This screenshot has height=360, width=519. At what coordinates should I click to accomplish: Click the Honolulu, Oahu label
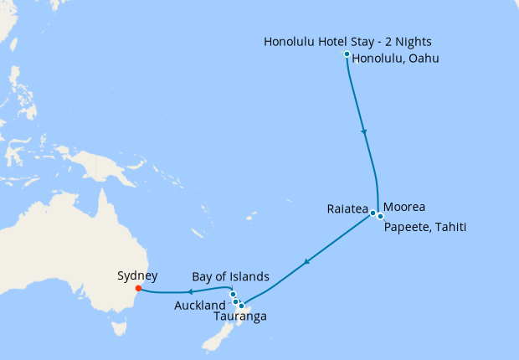pyautogui.click(x=395, y=59)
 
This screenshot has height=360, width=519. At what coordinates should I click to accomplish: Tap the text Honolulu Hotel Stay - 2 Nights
pyautogui.click(x=348, y=42)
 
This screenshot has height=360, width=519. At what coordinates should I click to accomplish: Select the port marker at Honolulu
pyautogui.click(x=347, y=54)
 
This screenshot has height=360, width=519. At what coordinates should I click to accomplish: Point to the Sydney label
pyautogui.click(x=137, y=275)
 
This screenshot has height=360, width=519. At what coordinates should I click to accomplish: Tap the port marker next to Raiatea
pyautogui.click(x=373, y=213)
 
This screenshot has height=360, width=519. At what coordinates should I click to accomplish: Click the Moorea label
pyautogui.click(x=404, y=207)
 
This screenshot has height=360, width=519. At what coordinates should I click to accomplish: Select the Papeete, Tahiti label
pyautogui.click(x=424, y=227)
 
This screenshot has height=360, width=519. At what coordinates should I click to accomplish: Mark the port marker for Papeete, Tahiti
pyautogui.click(x=380, y=216)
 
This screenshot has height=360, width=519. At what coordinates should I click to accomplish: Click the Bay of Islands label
pyautogui.click(x=230, y=276)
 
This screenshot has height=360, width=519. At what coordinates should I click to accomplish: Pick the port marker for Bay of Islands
pyautogui.click(x=233, y=294)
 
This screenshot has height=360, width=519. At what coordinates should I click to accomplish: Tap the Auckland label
pyautogui.click(x=200, y=306)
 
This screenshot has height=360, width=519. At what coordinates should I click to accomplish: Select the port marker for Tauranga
pyautogui.click(x=242, y=306)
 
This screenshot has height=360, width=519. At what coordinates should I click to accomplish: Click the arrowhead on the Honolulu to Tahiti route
pyautogui.click(x=363, y=131)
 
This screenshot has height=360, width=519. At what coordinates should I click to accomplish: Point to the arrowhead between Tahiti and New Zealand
pyautogui.click(x=307, y=262)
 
